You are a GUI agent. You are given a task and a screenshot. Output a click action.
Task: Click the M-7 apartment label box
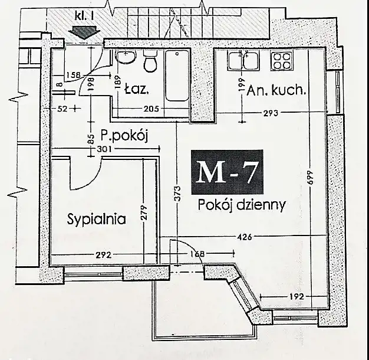(x=227, y=172)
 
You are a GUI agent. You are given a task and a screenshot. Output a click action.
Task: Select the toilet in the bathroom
(x=150, y=61)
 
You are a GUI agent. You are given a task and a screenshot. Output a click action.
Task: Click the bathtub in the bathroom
(x=177, y=76)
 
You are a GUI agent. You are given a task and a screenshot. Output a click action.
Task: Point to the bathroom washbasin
(x=126, y=57)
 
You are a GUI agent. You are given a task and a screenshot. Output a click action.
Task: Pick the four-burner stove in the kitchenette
(x=282, y=61)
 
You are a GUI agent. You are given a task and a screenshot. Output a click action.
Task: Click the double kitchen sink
(x=243, y=61)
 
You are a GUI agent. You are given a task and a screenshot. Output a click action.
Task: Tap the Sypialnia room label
(x=96, y=219)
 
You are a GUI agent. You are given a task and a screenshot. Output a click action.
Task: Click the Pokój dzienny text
(x=242, y=205)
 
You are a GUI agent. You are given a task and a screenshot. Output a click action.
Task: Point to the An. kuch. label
(x=276, y=90)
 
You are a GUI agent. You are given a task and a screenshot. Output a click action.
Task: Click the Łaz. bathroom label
(x=137, y=90)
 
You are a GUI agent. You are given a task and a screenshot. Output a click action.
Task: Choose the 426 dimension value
(x=245, y=237)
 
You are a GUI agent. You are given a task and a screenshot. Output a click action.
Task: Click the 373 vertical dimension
(x=177, y=194)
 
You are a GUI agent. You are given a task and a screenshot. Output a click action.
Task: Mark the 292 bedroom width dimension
(x=104, y=255)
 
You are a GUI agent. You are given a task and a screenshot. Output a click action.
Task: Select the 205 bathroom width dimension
(x=151, y=109)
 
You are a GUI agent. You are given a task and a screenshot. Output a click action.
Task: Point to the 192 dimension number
(x=296, y=296)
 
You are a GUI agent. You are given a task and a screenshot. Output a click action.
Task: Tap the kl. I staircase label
(x=84, y=16)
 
